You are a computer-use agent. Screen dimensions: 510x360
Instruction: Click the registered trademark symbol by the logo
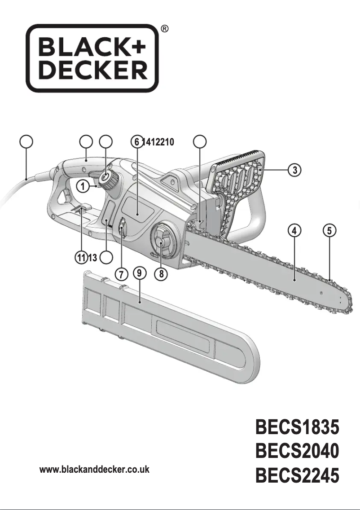[165, 29]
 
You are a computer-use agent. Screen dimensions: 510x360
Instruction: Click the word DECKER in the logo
[92, 70]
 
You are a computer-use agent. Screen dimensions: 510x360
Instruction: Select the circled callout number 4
[294, 231]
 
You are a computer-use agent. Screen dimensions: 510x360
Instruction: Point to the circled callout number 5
[329, 231]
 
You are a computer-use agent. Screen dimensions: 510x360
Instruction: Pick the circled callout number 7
[121, 273]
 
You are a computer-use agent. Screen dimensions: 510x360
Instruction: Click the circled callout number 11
[80, 258]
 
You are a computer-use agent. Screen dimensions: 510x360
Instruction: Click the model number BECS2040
[297, 451]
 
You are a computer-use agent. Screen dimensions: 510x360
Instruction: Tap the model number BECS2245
[297, 475]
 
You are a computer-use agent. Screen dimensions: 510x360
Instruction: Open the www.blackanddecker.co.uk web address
[94, 470]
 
